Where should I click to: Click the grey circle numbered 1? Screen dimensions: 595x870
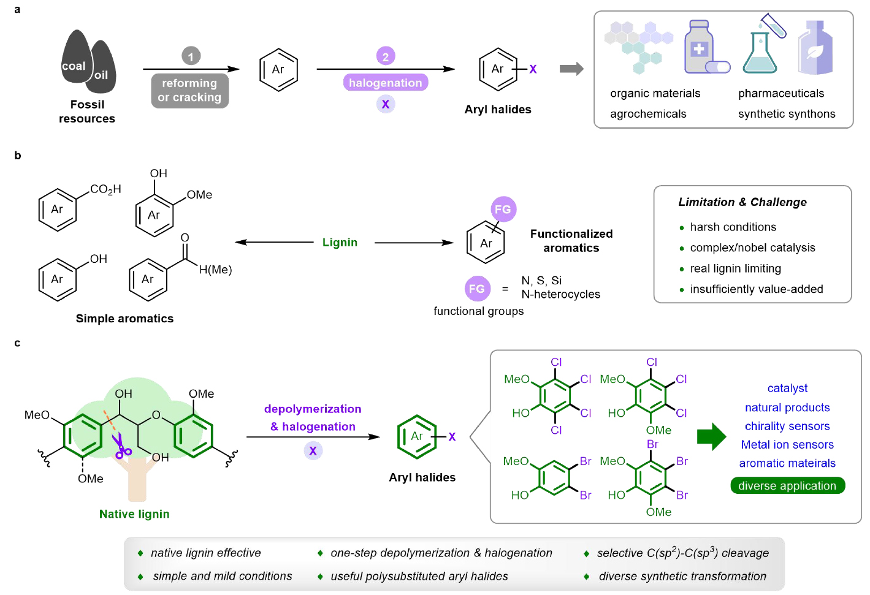coord(191,56)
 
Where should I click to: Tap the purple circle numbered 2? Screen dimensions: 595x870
coord(385,56)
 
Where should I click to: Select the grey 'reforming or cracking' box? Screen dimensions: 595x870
coord(190,91)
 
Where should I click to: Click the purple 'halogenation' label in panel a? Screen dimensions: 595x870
coord(385,83)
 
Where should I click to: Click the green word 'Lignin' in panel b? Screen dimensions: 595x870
coord(340,243)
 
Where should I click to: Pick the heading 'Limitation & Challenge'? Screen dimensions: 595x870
coord(742,202)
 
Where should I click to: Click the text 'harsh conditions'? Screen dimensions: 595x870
coord(733,227)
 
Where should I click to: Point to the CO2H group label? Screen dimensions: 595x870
coord(105,189)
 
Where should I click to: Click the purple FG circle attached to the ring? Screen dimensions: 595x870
coord(503,209)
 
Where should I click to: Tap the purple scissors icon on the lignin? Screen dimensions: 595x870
coord(121,448)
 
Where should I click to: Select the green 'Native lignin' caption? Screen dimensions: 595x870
coord(134,514)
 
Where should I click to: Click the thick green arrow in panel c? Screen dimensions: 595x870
coord(711,437)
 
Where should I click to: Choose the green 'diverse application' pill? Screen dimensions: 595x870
coord(787,486)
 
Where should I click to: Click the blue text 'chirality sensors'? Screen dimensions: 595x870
coord(787,426)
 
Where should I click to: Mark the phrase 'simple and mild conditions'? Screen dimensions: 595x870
coord(222,577)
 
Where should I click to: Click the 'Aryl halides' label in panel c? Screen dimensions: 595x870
coord(422,477)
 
